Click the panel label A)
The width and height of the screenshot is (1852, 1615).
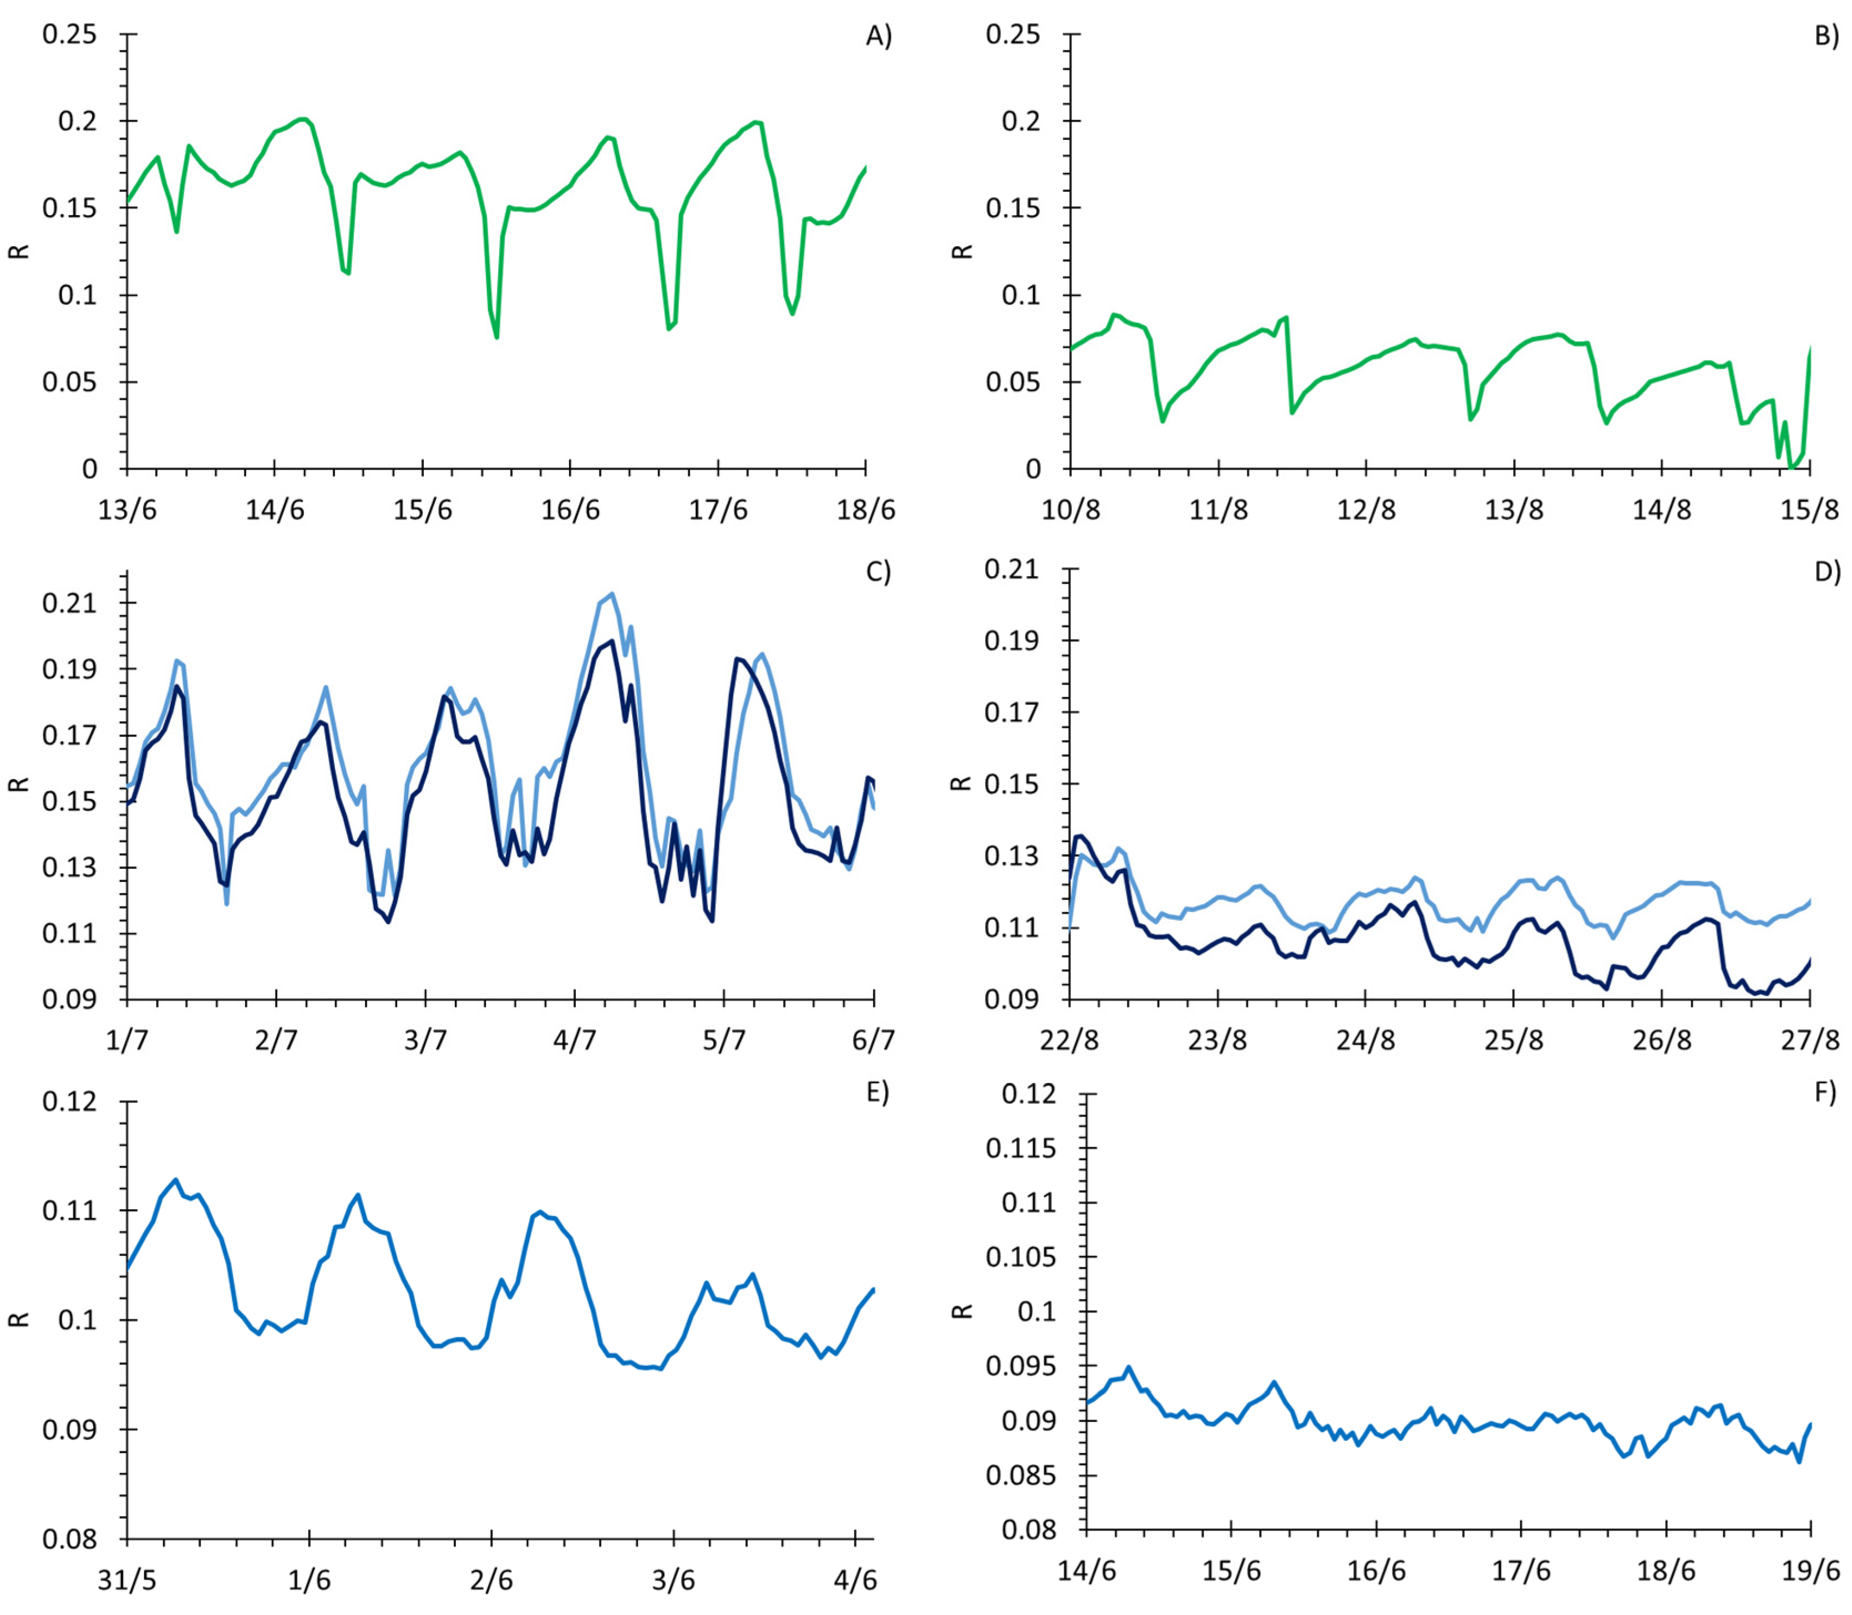point(878,36)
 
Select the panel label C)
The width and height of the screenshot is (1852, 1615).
point(877,572)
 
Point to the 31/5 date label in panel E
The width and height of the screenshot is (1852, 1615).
point(127,1580)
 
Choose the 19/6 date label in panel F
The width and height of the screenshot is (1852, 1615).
point(1810,1571)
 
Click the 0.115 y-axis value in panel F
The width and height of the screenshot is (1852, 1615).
point(1021,1148)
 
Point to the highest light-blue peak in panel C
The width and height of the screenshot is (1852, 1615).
point(612,594)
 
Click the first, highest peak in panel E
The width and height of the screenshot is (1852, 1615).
point(176,1180)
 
